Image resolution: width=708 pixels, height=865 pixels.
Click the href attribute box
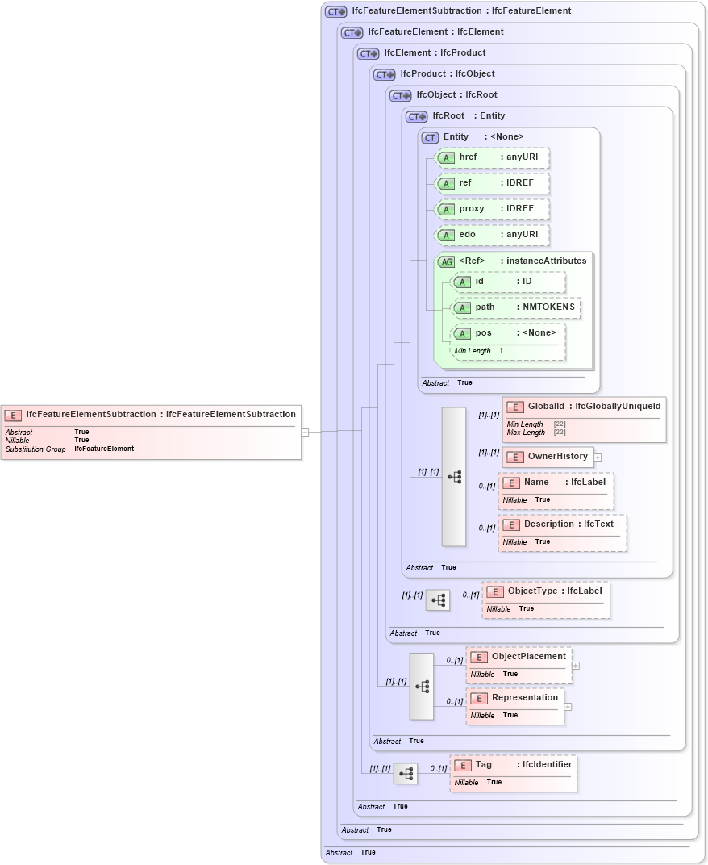pos(492,157)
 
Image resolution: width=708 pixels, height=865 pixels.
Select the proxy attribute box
pos(492,209)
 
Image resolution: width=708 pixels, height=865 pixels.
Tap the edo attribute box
pos(492,235)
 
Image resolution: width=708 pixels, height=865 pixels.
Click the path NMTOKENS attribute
pos(515,308)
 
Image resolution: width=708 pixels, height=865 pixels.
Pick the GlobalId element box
pos(585,419)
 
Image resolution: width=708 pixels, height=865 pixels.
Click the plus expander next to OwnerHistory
pos(598,458)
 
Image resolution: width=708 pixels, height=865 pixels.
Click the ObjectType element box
pos(546,599)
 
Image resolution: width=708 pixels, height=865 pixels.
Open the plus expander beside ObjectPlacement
pos(576,666)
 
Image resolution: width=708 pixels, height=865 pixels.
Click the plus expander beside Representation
pos(568,707)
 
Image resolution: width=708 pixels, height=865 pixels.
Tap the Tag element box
pos(514,773)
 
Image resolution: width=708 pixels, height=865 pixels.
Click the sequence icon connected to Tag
pos(406,774)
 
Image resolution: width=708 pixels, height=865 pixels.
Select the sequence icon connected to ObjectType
pos(438,600)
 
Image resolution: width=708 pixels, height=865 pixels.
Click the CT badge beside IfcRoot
pos(417,116)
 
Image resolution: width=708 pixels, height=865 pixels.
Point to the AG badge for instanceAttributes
pos(446,261)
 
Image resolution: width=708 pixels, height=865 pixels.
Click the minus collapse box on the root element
pos(305,432)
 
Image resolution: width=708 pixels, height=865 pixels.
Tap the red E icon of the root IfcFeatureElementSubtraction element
pos(13,415)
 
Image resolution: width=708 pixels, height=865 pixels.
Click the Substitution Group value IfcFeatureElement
pos(104,449)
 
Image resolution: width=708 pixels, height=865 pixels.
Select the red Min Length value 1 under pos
pos(501,351)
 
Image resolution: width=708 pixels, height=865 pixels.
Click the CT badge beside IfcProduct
pos(385,74)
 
